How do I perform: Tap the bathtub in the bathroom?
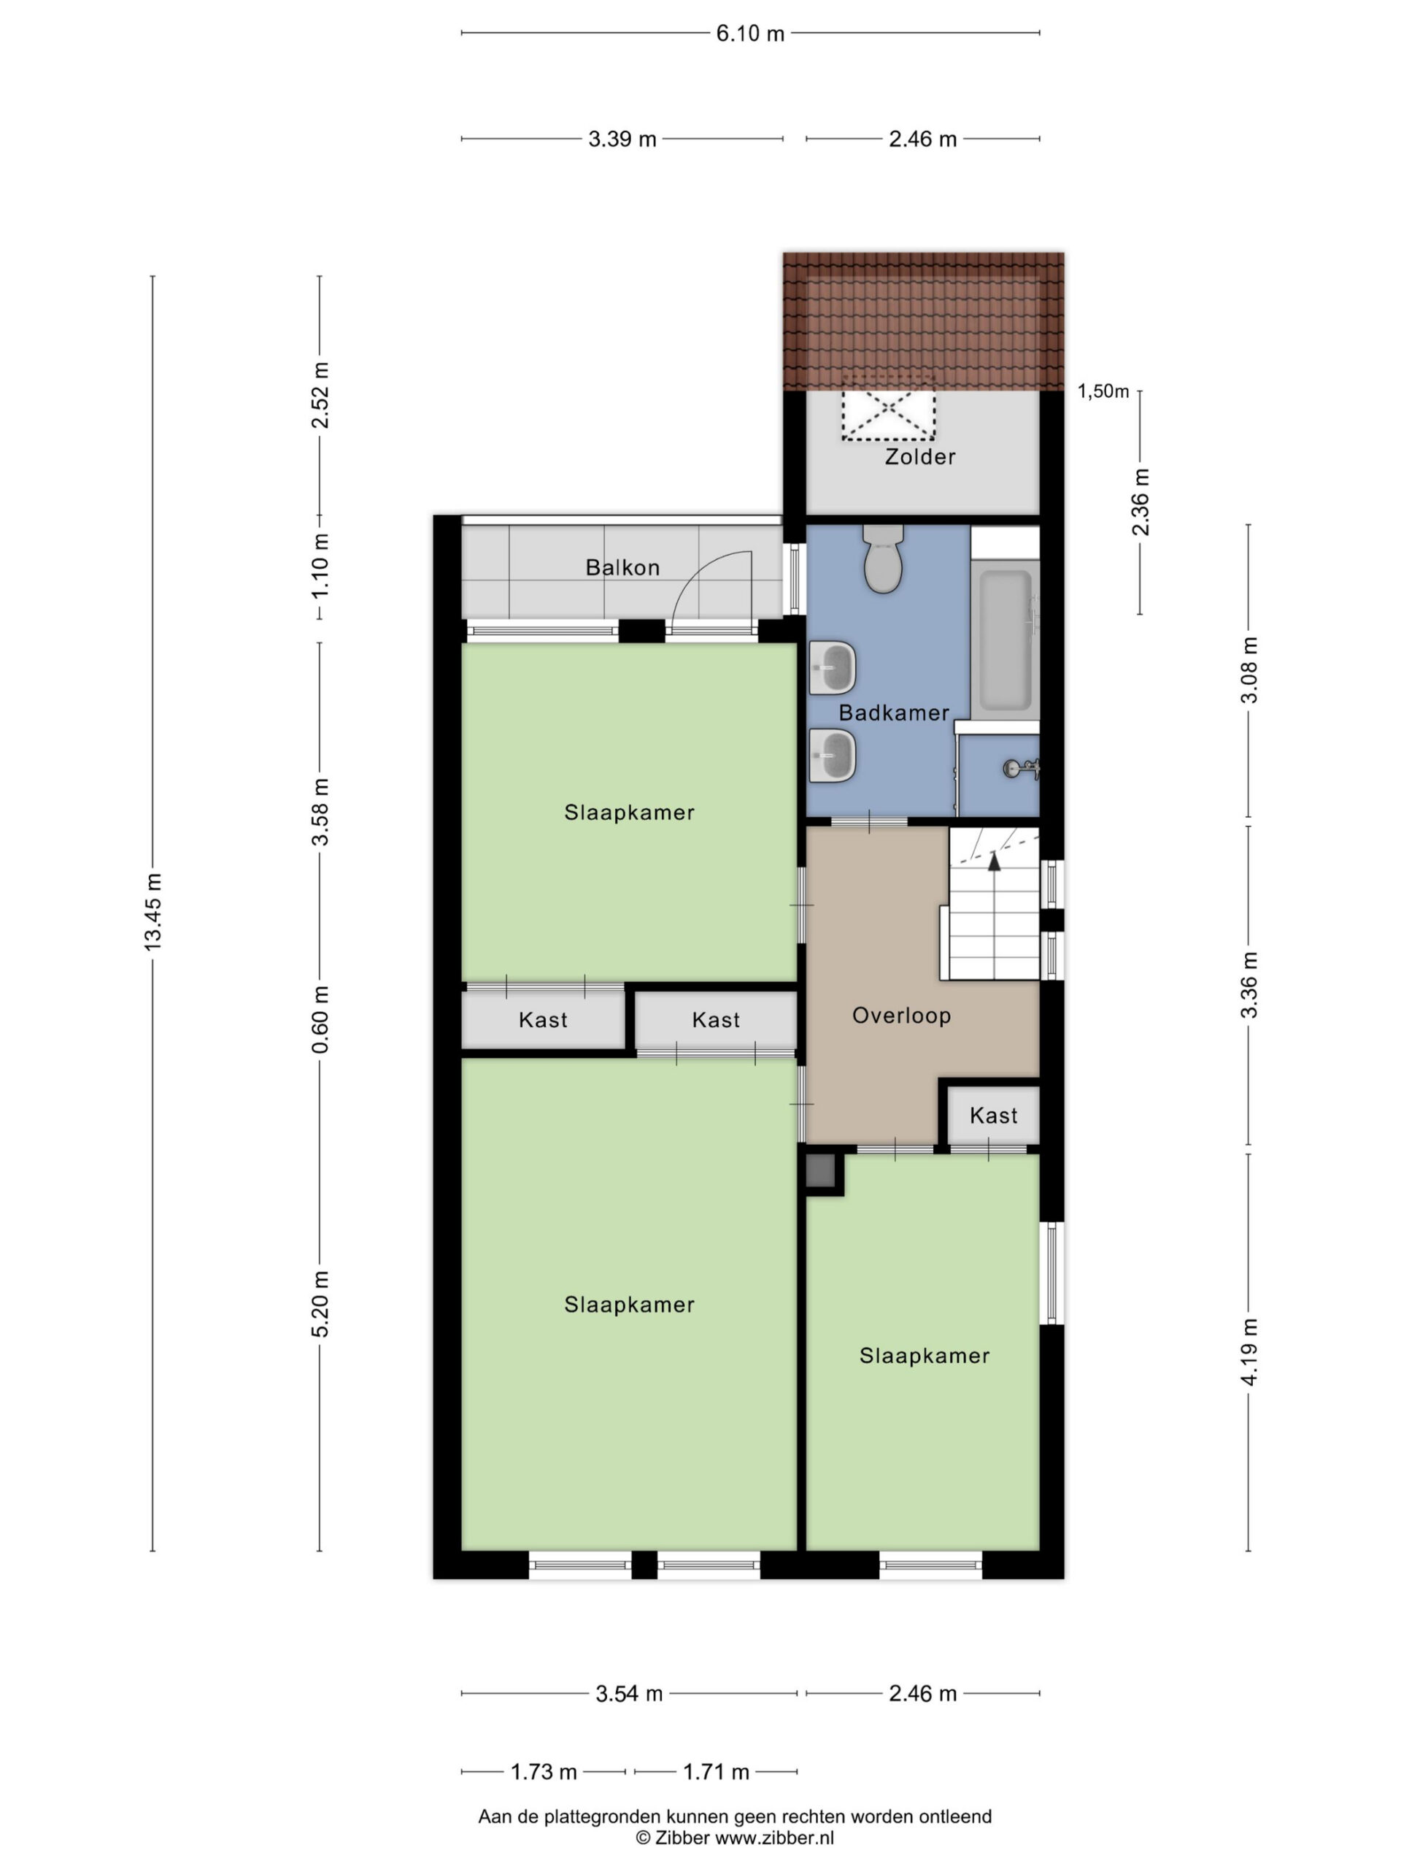click(x=1005, y=640)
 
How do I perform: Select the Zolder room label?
click(x=919, y=457)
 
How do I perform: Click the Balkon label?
click(x=622, y=567)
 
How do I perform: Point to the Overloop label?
click(x=901, y=1015)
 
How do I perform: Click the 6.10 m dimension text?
click(x=750, y=34)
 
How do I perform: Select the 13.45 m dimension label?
click(x=153, y=912)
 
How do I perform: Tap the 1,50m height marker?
click(x=1103, y=391)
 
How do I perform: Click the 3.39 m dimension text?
click(x=622, y=139)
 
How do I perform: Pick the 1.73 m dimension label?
click(x=544, y=1772)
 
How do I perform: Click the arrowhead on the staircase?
click(x=994, y=861)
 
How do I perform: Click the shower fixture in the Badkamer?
click(x=1019, y=769)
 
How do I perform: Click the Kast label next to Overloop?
click(x=993, y=1116)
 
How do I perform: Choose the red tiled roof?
click(x=923, y=321)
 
